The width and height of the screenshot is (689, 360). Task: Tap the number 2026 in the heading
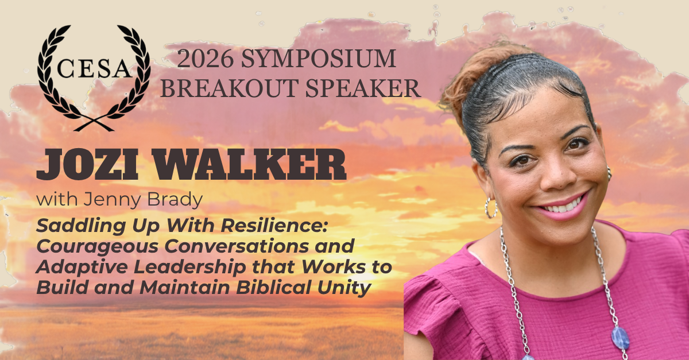(205, 59)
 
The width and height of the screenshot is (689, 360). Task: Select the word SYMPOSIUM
(318, 59)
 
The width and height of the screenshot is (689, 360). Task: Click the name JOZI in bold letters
(87, 164)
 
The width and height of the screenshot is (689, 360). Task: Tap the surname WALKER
(249, 164)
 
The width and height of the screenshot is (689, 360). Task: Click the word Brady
(175, 200)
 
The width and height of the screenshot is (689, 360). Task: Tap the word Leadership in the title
(190, 266)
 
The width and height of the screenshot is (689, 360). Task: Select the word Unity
(344, 288)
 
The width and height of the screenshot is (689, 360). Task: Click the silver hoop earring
(490, 208)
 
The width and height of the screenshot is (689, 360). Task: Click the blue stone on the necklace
(621, 338)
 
